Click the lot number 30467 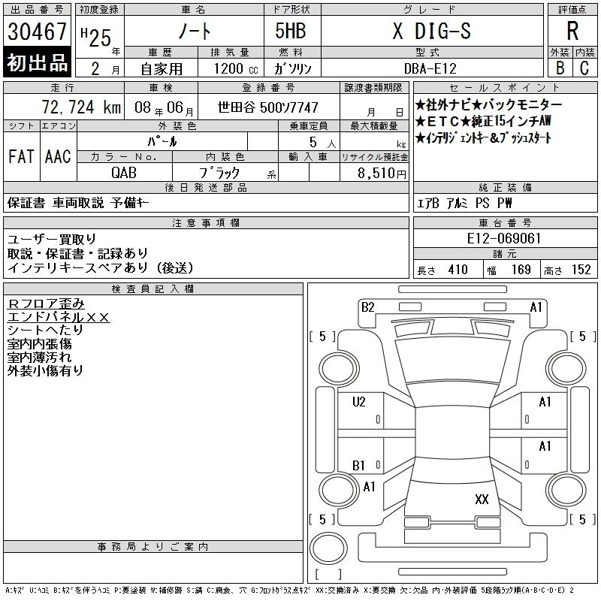tap(37, 32)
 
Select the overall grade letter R tap(572, 31)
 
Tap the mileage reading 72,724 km tap(81, 107)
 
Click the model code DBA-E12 tap(430, 68)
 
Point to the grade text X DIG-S tap(431, 31)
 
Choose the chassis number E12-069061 tap(503, 238)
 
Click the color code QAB tap(124, 173)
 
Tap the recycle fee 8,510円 tap(382, 174)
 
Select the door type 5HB tap(291, 31)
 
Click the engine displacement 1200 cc tap(236, 68)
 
